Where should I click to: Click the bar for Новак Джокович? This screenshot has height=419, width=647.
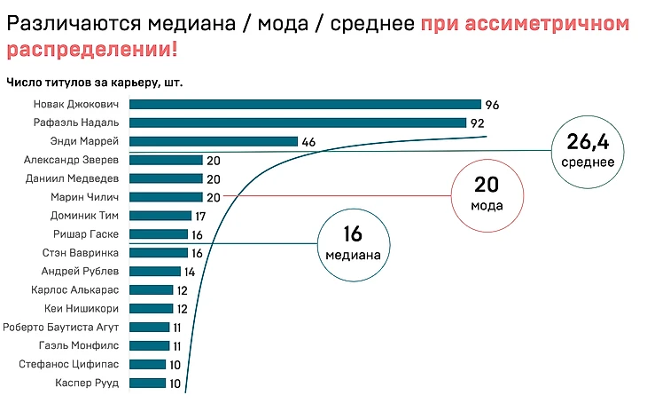point(306,104)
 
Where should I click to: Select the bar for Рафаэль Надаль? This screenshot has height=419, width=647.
point(299,123)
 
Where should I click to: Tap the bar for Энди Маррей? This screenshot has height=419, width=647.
point(214,141)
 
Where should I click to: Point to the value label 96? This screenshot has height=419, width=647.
point(493,105)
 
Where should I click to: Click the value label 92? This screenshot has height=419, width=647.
point(479,123)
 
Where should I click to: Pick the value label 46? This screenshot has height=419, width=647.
point(308,142)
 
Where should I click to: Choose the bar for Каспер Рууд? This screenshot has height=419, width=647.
point(148,383)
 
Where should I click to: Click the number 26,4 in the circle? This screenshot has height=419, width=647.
point(588,140)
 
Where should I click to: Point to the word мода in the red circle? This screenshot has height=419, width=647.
point(487,206)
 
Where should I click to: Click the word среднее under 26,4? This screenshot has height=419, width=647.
point(588,162)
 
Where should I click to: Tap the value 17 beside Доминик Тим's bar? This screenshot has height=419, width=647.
point(202,216)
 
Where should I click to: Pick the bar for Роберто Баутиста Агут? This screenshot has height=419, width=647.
point(150,327)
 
